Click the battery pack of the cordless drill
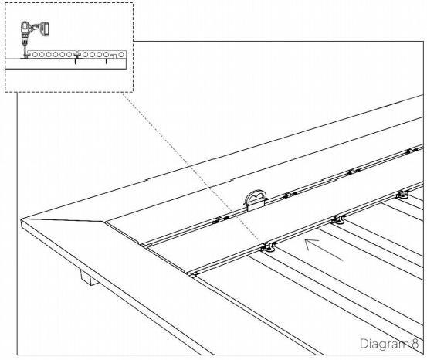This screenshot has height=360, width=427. [x=46, y=29]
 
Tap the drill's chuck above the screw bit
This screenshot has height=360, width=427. [x=25, y=42]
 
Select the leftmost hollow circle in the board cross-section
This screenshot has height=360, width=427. [x=35, y=55]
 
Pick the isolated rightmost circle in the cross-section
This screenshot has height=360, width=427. [x=121, y=55]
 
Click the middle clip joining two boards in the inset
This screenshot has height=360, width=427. [x=76, y=54]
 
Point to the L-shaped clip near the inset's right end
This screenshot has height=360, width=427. [x=114, y=56]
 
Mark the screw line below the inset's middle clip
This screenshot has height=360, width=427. [x=76, y=61]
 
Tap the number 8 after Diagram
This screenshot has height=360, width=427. [x=415, y=343]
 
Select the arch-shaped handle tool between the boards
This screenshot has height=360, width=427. [x=255, y=199]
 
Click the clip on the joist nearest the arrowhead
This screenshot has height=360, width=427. [x=338, y=219]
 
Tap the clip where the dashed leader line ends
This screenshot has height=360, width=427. [x=269, y=246]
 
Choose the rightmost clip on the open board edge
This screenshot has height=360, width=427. [x=402, y=195]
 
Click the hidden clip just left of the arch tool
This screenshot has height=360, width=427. [x=220, y=219]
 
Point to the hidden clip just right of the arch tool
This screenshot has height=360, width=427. [x=290, y=195]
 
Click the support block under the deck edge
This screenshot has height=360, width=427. [x=89, y=277]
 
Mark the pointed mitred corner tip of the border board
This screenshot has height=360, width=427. [x=22, y=219]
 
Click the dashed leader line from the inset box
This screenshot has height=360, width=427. [x=191, y=167]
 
